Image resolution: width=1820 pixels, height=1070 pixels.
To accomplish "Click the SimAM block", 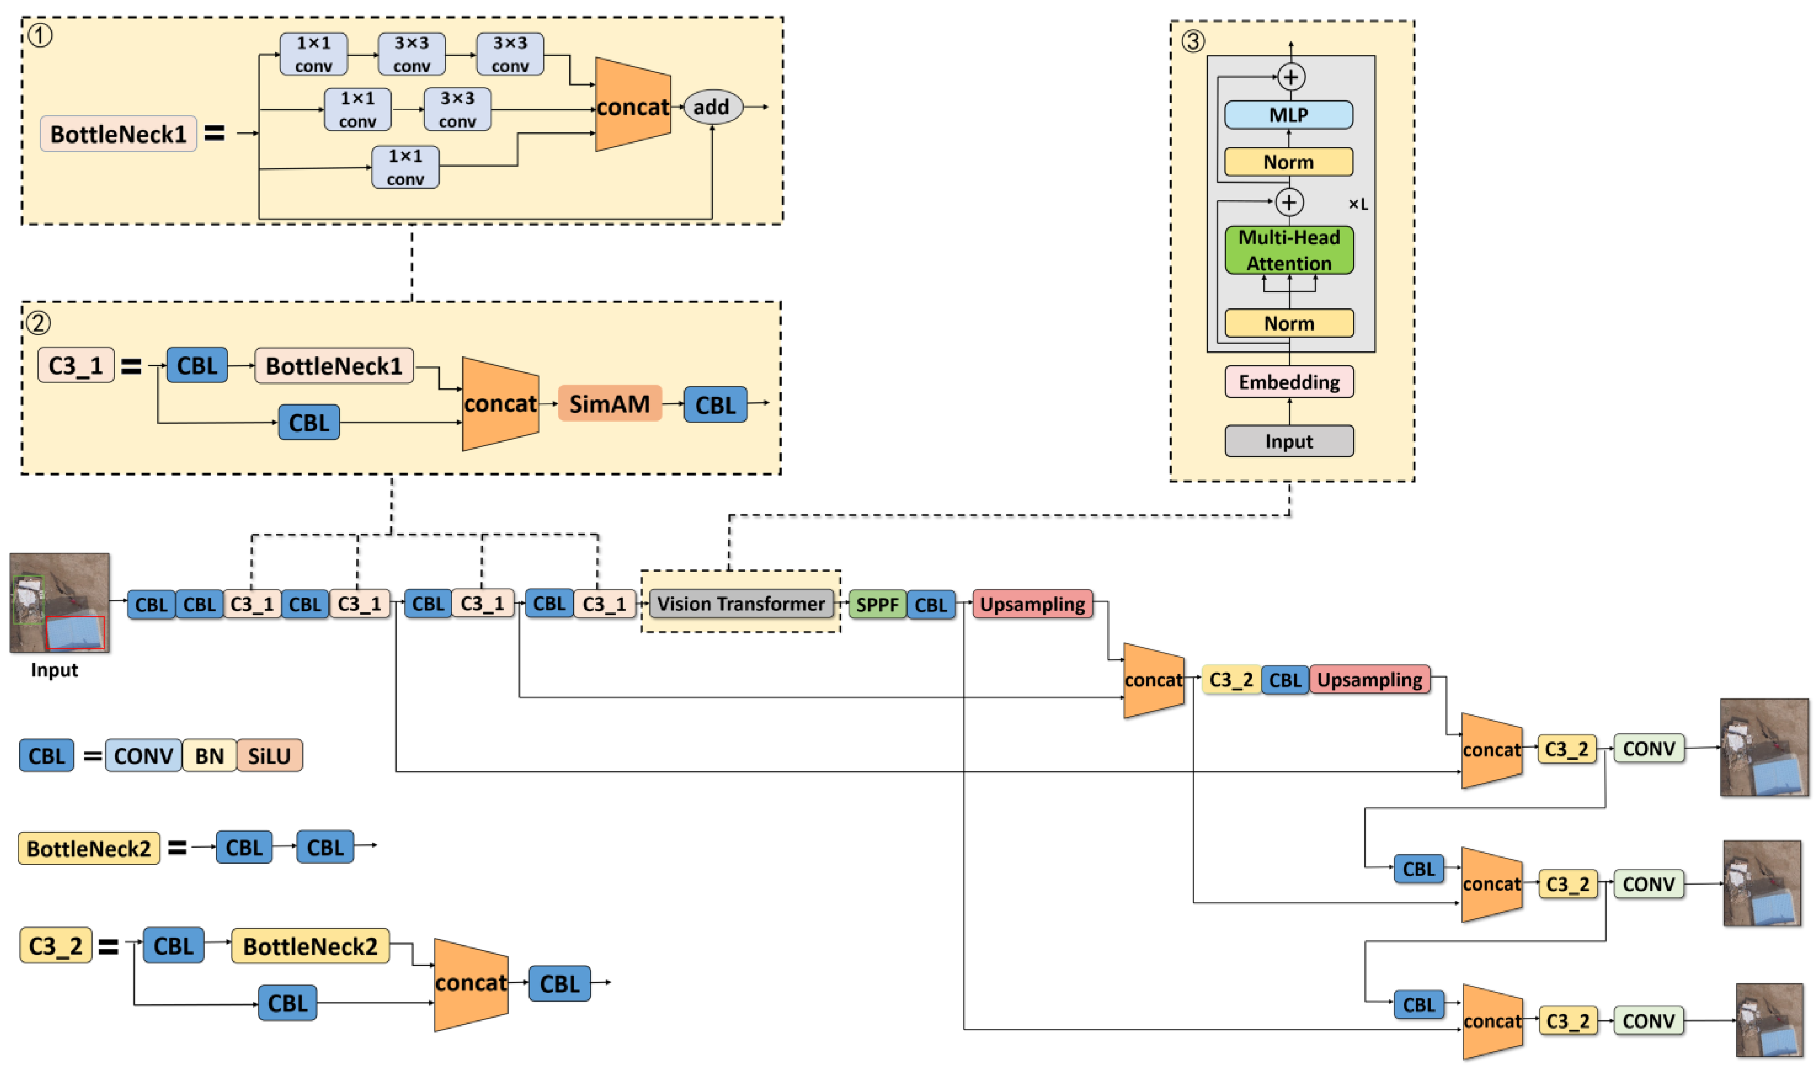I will click(x=610, y=404).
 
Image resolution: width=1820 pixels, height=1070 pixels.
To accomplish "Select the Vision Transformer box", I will click(x=740, y=604).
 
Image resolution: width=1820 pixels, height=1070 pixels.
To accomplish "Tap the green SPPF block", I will click(x=877, y=605).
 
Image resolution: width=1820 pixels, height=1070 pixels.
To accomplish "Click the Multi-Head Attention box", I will click(x=1289, y=250).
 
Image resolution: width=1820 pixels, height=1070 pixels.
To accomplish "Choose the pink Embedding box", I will click(x=1289, y=382).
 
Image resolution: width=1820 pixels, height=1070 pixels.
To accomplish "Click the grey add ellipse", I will click(x=712, y=107).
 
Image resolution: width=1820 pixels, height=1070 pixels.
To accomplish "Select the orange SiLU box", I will click(x=269, y=756).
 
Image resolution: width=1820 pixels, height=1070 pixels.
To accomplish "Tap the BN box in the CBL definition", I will click(x=210, y=756).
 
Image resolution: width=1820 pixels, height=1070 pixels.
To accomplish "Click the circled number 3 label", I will click(x=1192, y=41).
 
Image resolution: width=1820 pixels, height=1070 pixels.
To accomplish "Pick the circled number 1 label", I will click(x=40, y=35).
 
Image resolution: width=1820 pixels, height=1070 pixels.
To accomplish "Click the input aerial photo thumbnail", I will click(x=59, y=603).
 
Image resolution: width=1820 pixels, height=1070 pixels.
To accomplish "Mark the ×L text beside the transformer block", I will click(x=1358, y=204).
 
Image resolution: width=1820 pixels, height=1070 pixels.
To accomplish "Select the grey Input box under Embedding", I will click(x=1289, y=441).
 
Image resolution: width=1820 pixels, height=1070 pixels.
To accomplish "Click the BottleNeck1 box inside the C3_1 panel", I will click(x=333, y=366).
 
